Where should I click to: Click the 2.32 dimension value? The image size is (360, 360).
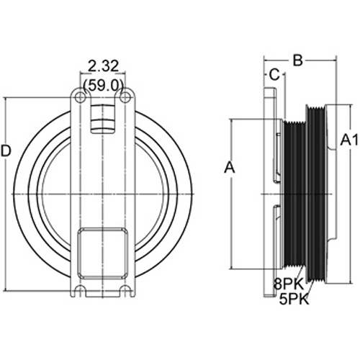point(104,66)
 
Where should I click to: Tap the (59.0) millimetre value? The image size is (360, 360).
point(104,85)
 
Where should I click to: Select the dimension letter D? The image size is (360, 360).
point(6,151)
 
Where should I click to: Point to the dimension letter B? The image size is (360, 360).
point(298,60)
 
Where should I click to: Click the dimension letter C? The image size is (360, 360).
point(274,75)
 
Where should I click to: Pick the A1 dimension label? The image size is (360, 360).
point(349,140)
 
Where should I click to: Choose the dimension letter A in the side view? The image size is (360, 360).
point(229,167)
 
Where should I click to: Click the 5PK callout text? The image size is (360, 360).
point(294,300)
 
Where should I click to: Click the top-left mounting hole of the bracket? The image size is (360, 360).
point(81,98)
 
